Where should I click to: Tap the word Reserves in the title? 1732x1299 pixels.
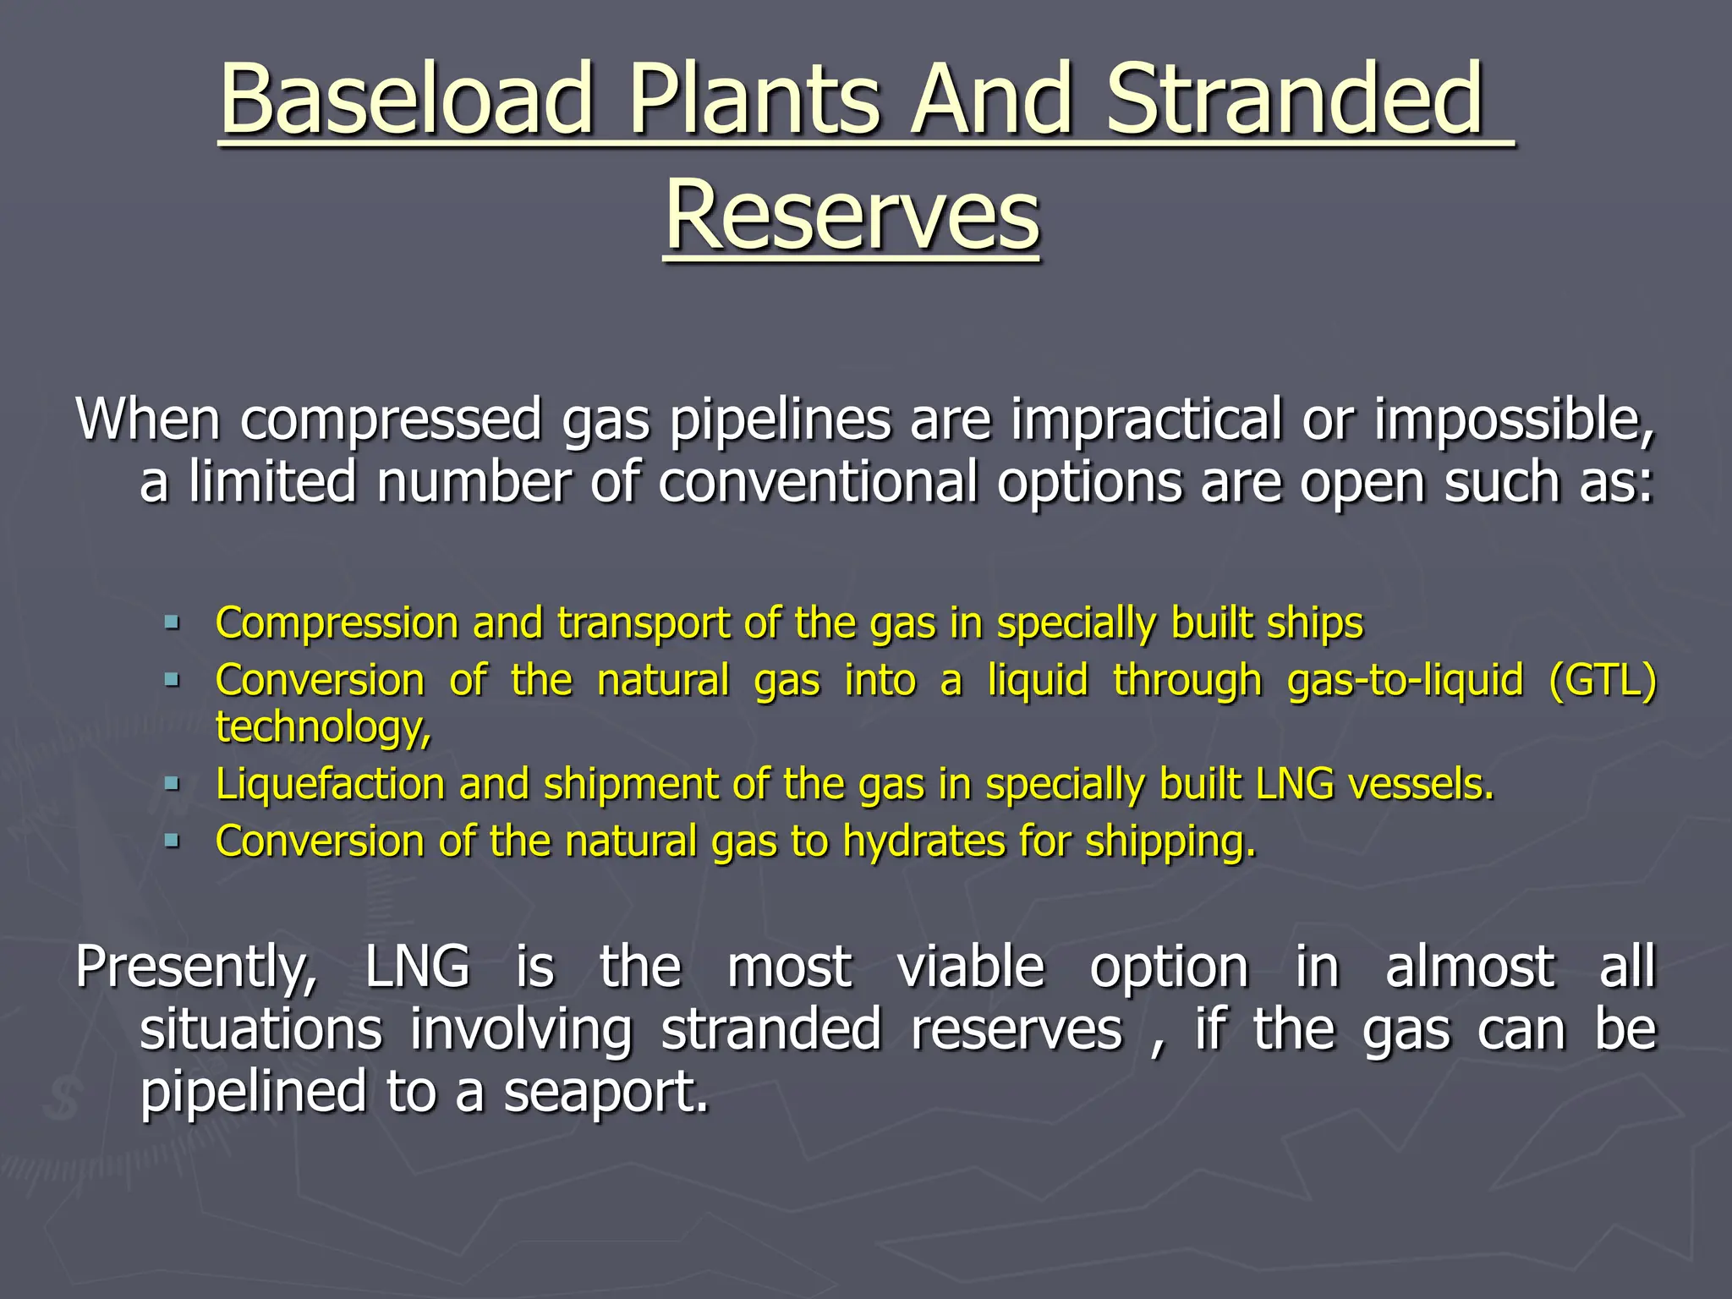(x=852, y=216)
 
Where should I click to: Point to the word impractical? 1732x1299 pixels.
(x=1147, y=419)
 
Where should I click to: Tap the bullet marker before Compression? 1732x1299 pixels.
(x=173, y=624)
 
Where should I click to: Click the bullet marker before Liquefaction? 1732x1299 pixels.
(x=173, y=785)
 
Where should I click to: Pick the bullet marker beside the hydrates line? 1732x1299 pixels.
(x=173, y=841)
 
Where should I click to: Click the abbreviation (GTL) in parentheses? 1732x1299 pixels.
(x=1602, y=681)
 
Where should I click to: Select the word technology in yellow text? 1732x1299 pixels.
(x=321, y=727)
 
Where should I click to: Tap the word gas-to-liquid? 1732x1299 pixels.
(x=1405, y=681)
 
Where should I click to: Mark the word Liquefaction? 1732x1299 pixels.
(x=330, y=785)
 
